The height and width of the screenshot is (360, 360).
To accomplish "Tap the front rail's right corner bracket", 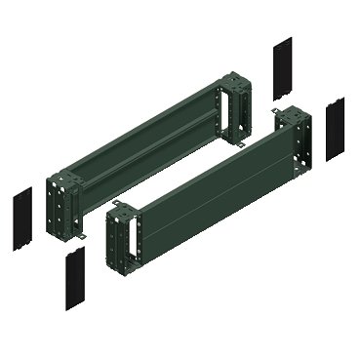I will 299,141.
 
